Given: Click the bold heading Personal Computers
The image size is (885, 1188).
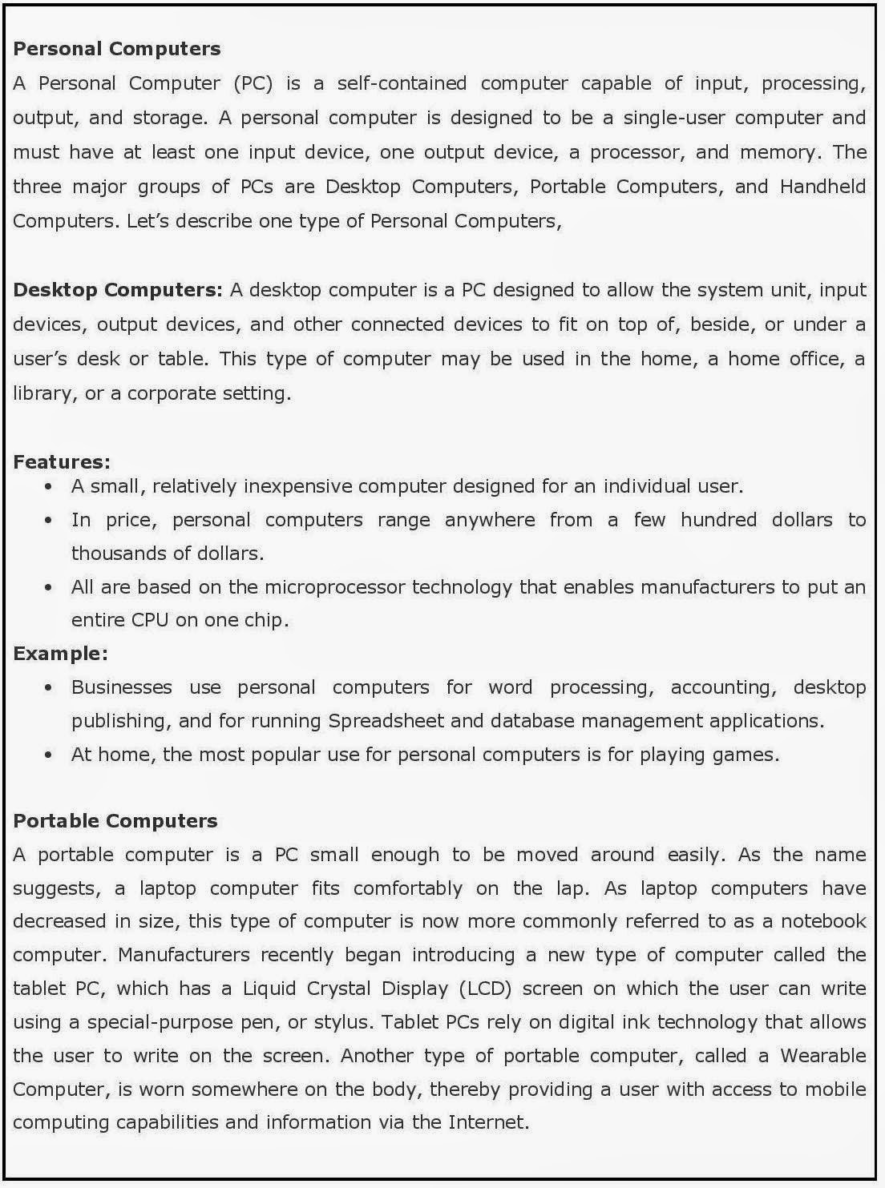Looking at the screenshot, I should coord(117,49).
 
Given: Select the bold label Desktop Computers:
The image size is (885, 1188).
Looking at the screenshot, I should coord(118,290).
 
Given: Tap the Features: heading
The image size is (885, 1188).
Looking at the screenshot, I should coord(62,462).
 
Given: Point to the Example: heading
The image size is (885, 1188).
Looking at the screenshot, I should coord(60,654).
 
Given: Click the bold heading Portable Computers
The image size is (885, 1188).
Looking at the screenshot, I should coord(115,821).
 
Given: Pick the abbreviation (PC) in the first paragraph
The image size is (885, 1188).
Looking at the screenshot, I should coord(254,83).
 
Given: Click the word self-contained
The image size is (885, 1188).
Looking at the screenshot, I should coord(402,83).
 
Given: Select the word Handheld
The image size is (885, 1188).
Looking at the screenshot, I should coord(822,187).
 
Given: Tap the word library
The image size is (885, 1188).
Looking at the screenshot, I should coord(41,393).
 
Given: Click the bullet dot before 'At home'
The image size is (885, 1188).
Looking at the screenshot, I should coord(50,755).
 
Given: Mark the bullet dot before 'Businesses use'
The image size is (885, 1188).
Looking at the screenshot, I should coord(50,687).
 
